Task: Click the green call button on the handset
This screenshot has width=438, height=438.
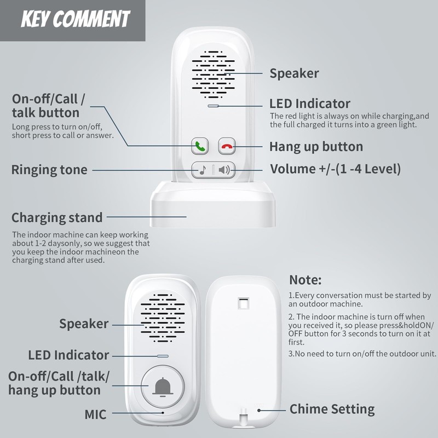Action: point(200,147)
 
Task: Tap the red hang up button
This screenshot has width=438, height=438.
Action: point(227,147)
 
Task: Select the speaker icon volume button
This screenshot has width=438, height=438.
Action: point(224,170)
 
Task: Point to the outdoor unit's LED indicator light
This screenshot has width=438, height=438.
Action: point(162,355)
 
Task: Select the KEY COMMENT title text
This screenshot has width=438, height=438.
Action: point(75,20)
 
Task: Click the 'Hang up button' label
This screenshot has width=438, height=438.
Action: point(316,147)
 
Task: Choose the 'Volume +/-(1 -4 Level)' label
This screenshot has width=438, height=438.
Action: point(335,169)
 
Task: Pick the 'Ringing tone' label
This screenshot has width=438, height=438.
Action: point(49,170)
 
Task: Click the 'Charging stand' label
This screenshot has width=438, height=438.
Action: point(57,217)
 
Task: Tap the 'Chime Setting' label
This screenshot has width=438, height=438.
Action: point(332,409)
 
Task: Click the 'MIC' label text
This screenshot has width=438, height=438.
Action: point(95,414)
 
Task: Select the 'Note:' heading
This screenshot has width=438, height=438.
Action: point(305,279)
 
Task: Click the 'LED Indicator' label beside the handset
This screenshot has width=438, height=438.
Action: point(310,103)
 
